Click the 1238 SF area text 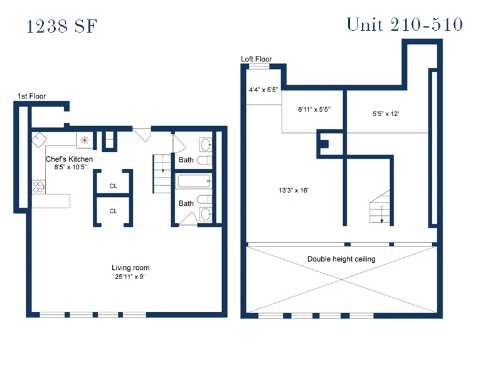(62, 26)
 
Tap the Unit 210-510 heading (405, 24)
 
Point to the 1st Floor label (32, 97)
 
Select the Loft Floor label (257, 59)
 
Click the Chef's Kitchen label (69, 159)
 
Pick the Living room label (130, 268)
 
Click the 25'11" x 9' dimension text (130, 277)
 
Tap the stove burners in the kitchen (38, 187)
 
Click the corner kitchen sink (39, 140)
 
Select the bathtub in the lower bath (194, 181)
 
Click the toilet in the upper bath (204, 160)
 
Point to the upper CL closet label (113, 186)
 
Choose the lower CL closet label (113, 211)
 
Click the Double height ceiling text (341, 259)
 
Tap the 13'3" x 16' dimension (294, 191)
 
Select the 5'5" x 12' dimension (386, 114)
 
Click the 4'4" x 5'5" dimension (263, 90)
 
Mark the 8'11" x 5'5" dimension (314, 109)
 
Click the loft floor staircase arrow (381, 215)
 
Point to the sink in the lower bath (206, 214)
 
